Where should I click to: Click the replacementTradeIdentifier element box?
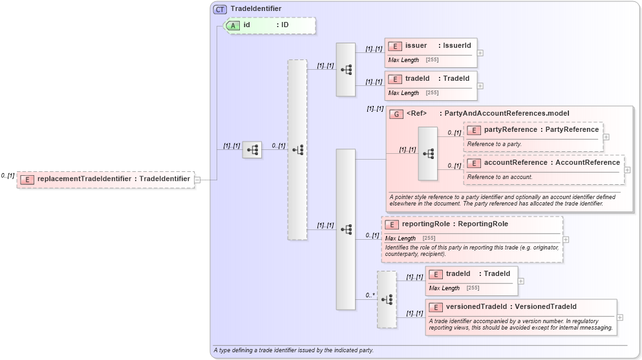click(105, 179)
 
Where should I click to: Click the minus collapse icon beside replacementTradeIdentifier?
click(197, 180)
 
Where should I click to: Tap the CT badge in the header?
click(220, 9)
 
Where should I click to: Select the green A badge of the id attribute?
click(233, 25)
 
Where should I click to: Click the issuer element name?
click(416, 45)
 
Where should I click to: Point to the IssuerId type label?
click(457, 45)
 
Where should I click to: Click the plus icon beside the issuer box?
click(480, 53)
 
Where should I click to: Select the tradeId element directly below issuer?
click(417, 78)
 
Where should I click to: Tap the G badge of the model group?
click(396, 114)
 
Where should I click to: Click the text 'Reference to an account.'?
click(500, 176)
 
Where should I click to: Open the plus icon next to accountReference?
click(627, 171)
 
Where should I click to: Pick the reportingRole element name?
click(425, 224)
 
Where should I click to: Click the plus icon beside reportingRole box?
click(566, 239)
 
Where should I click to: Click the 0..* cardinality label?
click(370, 295)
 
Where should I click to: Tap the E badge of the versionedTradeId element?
click(436, 307)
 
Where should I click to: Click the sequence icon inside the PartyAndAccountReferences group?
click(428, 154)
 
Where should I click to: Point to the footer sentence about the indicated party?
click(294, 350)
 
